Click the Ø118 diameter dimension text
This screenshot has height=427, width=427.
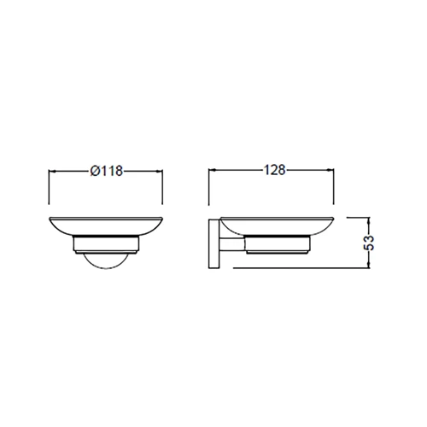click(x=107, y=171)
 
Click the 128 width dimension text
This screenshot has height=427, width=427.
click(x=272, y=171)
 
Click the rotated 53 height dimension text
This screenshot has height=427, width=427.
click(x=369, y=243)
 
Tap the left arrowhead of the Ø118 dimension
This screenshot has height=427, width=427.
click(x=52, y=171)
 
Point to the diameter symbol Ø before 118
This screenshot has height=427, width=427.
click(x=94, y=171)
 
